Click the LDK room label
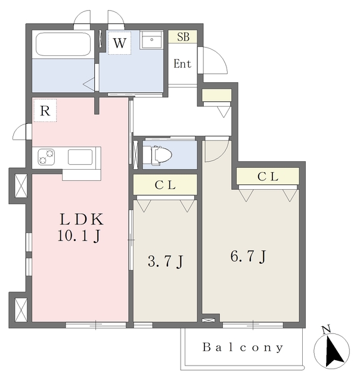(x=82, y=219)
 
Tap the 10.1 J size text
(x=79, y=236)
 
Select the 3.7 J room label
(x=166, y=261)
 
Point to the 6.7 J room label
(x=249, y=257)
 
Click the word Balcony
(x=243, y=348)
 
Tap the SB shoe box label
(x=183, y=37)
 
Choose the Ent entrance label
(x=182, y=64)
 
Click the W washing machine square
(x=119, y=43)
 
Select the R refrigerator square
(x=45, y=110)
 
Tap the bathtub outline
(x=64, y=45)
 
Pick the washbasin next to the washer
(x=151, y=40)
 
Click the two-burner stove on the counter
(x=46, y=157)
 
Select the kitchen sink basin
(x=80, y=157)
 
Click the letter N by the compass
(x=326, y=329)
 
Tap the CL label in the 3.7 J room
(x=165, y=185)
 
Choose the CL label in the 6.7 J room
(x=268, y=176)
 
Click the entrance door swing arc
(x=220, y=55)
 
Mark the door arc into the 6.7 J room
(x=222, y=155)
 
